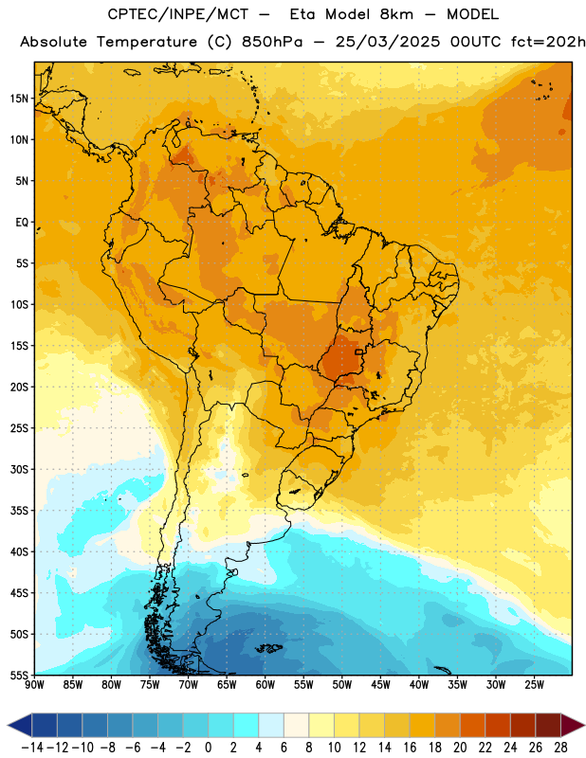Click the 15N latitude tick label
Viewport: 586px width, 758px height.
[x=19, y=99]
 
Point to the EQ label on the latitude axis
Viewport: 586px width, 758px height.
[x=22, y=223]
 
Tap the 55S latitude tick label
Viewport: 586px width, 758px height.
[x=19, y=675]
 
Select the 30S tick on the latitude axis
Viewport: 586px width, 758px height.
[x=19, y=469]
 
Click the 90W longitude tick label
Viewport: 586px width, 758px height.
[x=34, y=685]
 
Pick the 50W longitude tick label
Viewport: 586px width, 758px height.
[x=342, y=685]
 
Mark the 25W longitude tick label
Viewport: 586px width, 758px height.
[x=534, y=685]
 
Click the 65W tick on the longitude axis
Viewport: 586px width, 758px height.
[x=227, y=685]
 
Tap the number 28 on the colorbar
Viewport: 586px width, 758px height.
[x=560, y=748]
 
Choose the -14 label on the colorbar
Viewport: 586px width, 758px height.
[x=32, y=748]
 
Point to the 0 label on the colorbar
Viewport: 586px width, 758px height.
[x=208, y=748]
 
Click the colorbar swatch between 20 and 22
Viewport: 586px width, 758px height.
[x=473, y=726]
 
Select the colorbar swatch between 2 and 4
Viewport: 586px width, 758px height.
[x=247, y=726]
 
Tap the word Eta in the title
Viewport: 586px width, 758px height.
[x=303, y=14]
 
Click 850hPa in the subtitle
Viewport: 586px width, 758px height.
[x=272, y=42]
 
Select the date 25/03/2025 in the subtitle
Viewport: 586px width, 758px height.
[x=388, y=42]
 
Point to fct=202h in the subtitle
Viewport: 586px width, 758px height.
[x=548, y=42]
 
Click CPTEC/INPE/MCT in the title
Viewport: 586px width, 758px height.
[x=177, y=14]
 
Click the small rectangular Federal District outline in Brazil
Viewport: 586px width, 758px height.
[x=359, y=352]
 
